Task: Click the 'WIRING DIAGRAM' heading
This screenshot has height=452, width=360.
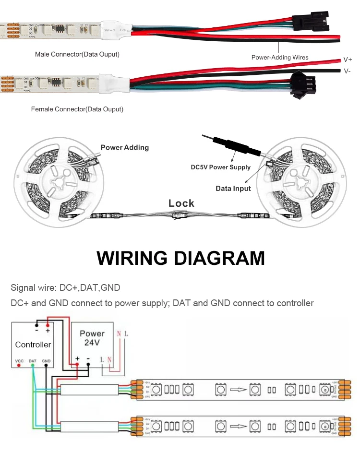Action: (180, 258)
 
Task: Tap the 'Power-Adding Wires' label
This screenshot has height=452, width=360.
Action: (280, 57)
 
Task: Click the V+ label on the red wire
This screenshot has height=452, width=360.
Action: (348, 60)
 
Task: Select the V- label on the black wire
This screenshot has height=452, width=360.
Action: (347, 71)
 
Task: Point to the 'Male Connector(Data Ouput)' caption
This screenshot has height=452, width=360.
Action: (77, 54)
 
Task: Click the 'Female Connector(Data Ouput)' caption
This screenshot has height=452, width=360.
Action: (77, 109)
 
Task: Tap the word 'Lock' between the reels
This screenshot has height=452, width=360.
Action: (181, 203)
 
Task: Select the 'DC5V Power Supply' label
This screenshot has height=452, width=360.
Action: (221, 167)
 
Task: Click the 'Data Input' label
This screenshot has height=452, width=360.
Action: (233, 189)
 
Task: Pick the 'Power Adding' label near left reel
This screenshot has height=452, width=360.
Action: (125, 147)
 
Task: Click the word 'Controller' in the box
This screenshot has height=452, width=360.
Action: (33, 345)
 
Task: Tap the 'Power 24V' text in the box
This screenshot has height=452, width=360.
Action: (92, 338)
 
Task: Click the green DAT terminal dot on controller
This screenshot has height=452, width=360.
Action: (33, 366)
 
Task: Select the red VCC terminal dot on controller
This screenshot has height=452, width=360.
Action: (19, 366)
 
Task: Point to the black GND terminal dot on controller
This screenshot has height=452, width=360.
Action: (46, 366)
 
